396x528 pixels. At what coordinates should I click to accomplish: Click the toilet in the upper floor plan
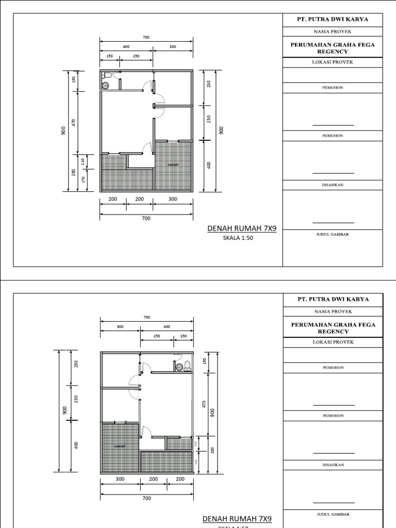[x=104, y=75]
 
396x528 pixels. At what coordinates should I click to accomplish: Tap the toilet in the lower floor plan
[x=188, y=366]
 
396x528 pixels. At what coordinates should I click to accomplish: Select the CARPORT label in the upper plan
[x=173, y=165]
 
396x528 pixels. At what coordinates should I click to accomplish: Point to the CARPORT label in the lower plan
[x=119, y=447]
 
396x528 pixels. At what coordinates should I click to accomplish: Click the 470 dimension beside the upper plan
[x=74, y=123]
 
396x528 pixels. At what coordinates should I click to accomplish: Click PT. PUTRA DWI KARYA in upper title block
[x=333, y=20]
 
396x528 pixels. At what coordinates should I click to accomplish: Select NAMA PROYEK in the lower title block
[x=333, y=312]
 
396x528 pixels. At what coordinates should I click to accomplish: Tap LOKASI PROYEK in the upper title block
[x=333, y=62]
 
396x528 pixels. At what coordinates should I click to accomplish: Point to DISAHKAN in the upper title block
[x=333, y=184]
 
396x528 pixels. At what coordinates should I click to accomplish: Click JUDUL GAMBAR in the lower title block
[x=333, y=515]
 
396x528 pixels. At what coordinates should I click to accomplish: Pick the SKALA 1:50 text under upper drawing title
[x=239, y=238]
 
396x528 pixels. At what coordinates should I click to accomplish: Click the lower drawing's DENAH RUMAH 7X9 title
[x=237, y=519]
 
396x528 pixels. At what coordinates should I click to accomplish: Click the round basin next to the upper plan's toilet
[x=105, y=86]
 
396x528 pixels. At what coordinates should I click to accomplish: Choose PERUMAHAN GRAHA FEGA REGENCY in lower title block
[x=333, y=328]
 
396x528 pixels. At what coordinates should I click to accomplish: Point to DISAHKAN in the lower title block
[x=333, y=465]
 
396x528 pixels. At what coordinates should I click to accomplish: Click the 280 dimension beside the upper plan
[x=74, y=173]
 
